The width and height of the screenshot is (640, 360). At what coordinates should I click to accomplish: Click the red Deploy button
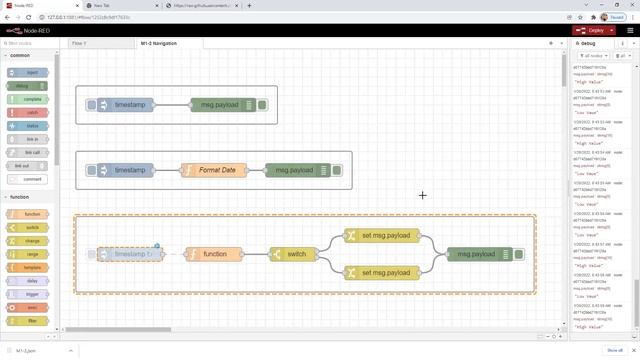click(x=592, y=30)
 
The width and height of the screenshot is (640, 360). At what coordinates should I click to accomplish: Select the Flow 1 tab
click(x=79, y=43)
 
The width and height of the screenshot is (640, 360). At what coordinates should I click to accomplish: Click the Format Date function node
click(x=216, y=170)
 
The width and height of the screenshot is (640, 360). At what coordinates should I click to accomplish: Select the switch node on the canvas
click(x=295, y=254)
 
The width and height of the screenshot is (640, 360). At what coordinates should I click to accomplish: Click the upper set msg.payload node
click(x=385, y=236)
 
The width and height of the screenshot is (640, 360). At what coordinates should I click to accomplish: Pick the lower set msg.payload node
click(x=385, y=272)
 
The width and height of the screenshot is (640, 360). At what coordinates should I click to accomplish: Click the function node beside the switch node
click(x=214, y=254)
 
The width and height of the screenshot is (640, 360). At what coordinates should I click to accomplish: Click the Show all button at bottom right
click(x=615, y=351)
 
